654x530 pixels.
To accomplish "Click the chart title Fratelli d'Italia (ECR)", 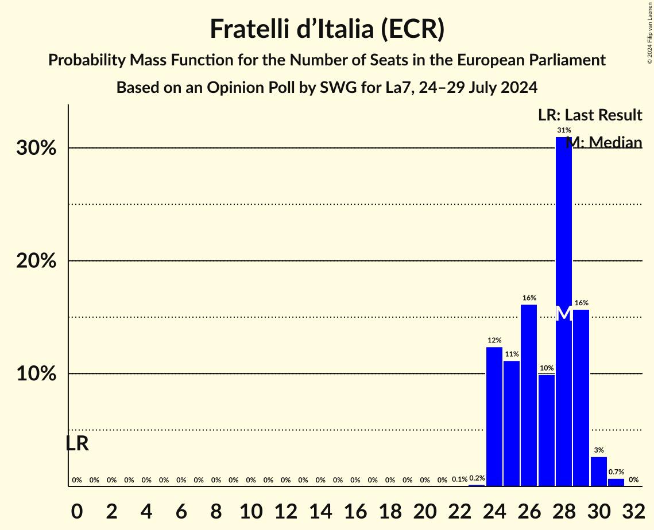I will coord(327,29).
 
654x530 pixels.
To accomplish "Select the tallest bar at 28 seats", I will coord(563,229).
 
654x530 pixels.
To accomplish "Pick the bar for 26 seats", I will coord(529,396).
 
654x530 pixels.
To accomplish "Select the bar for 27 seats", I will coord(546,430).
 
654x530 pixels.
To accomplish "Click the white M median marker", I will coord(564,313).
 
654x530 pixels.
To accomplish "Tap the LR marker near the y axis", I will coord(77,443).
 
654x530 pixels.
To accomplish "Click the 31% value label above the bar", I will coord(564,130).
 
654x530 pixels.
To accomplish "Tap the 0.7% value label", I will coord(616,471).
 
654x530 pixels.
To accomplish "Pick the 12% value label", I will coord(494,341).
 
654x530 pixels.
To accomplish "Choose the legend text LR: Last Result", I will coord(590,115).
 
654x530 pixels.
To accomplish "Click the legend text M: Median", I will coord(603,142).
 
